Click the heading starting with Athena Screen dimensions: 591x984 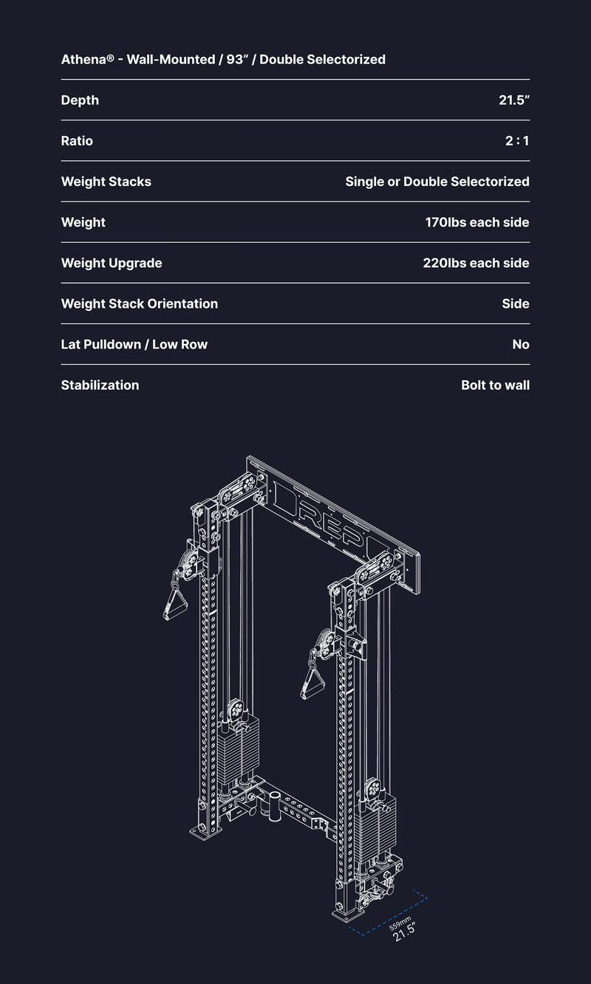[223, 59]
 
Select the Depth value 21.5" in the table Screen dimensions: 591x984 [514, 100]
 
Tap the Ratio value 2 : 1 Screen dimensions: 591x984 [517, 141]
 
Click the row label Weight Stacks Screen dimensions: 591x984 [106, 182]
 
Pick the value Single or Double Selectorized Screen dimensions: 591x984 [437, 182]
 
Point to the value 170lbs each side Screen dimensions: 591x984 [477, 222]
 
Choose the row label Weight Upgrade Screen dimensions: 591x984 [112, 263]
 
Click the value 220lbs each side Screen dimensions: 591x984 [476, 263]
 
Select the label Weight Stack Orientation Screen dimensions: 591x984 [140, 303]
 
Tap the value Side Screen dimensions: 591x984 [516, 303]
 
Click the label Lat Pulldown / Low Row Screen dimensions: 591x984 [134, 345]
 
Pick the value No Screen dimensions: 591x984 [521, 345]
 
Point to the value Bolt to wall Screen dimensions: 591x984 [495, 385]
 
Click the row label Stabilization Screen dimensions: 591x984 [100, 385]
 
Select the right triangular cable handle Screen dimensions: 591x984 [313, 682]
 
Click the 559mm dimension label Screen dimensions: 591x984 [400, 923]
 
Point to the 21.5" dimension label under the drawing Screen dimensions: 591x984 [404, 932]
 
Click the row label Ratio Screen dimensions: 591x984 [77, 141]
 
